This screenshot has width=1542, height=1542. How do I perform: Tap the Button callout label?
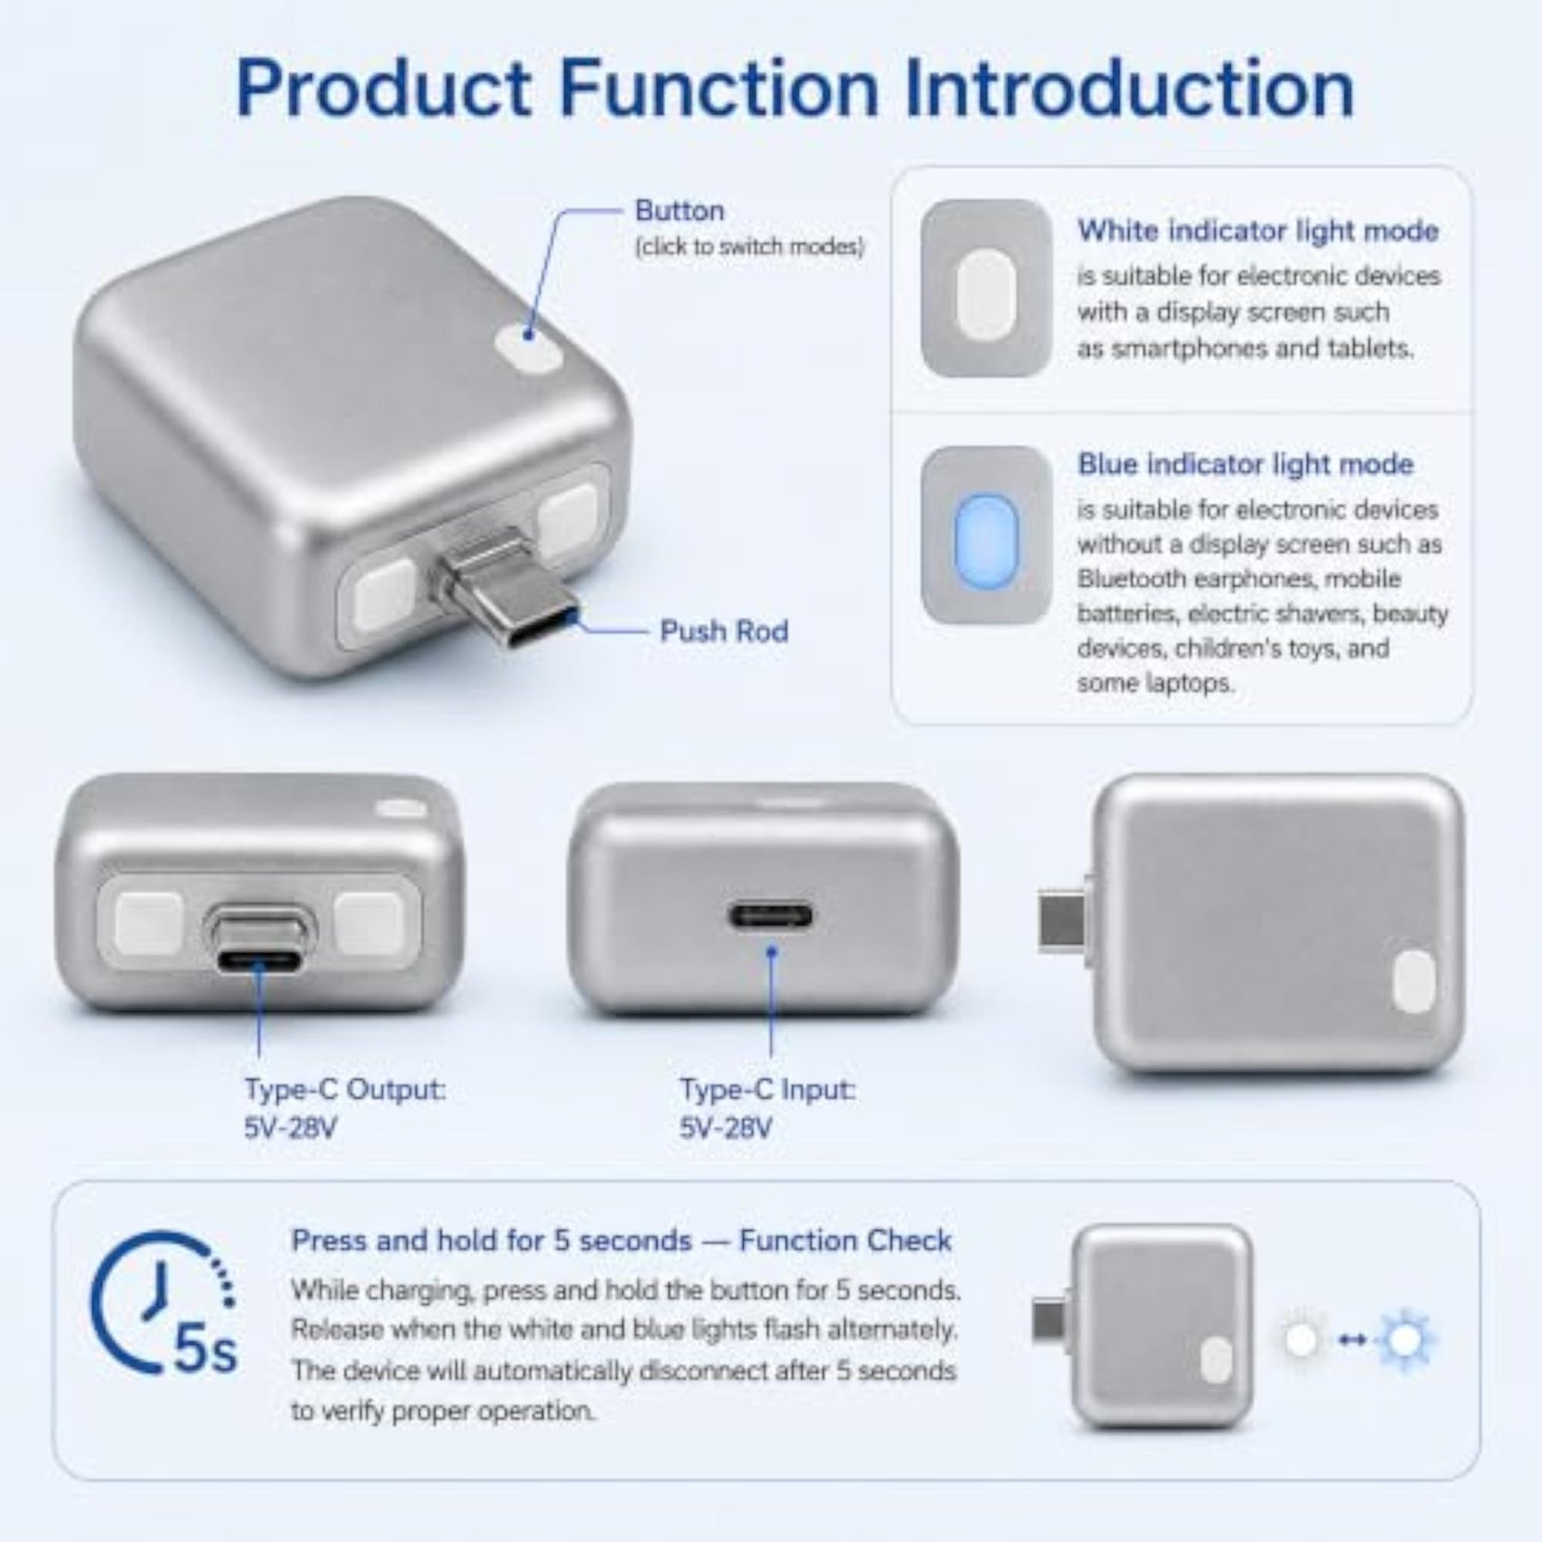[679, 211]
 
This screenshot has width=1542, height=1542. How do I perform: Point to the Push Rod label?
[724, 631]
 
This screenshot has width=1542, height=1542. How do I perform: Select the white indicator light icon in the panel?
[986, 289]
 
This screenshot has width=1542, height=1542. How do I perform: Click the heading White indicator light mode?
[1258, 231]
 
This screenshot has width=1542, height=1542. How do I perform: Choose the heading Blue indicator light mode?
[1246, 464]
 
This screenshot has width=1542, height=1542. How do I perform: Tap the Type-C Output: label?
[345, 1091]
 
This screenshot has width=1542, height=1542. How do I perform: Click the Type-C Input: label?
[768, 1091]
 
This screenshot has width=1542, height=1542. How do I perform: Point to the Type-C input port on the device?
[771, 916]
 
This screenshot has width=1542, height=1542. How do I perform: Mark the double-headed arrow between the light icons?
[1352, 1342]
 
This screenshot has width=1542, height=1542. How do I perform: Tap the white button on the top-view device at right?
[1413, 982]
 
